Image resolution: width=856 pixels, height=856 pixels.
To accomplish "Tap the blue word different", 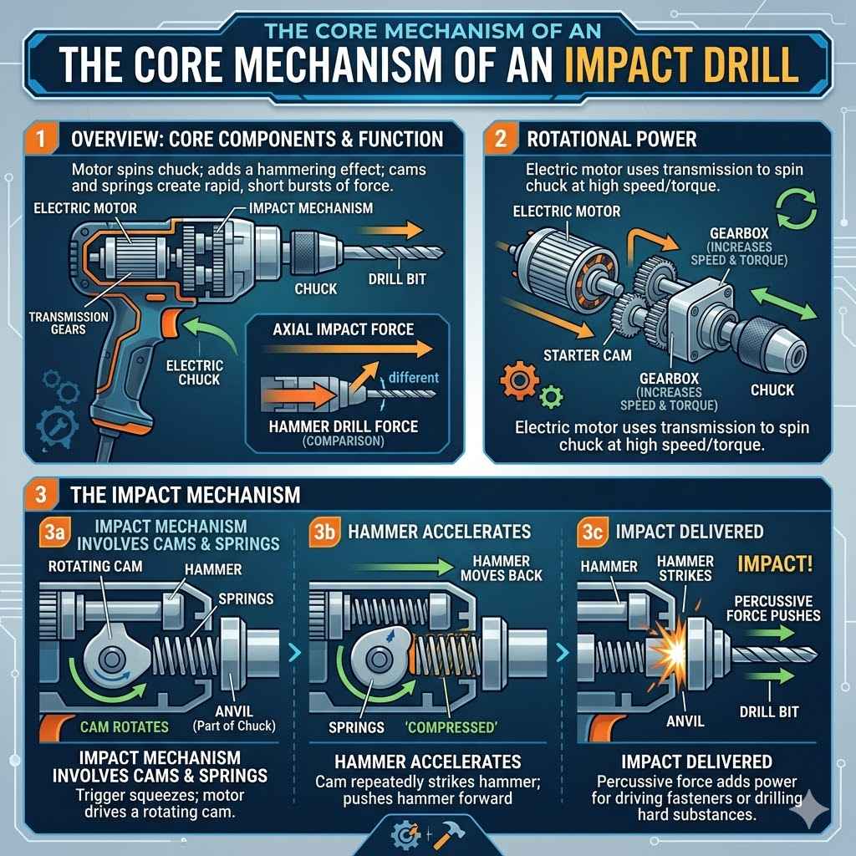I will click(x=412, y=376).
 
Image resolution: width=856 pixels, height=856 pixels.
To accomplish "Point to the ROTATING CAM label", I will click(x=95, y=566).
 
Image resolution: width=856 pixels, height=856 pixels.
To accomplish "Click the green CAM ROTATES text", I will click(x=125, y=726).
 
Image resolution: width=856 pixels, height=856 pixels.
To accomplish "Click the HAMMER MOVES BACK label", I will click(x=502, y=568).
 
